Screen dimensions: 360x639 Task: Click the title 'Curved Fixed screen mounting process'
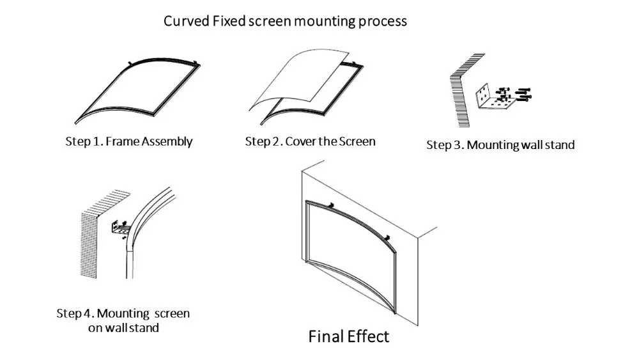[x=285, y=20]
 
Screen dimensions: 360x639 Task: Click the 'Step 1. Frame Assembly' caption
[x=128, y=141]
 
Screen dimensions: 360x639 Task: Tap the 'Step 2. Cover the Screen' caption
[x=310, y=141]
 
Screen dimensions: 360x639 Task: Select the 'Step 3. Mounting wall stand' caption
[x=500, y=145]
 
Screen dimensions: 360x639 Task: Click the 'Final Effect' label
[x=348, y=336]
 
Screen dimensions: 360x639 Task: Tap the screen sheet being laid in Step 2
[x=294, y=77]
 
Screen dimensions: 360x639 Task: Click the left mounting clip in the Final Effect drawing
[x=332, y=205]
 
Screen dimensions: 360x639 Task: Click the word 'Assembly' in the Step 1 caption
[x=166, y=141]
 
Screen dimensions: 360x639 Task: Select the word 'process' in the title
[x=381, y=20]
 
